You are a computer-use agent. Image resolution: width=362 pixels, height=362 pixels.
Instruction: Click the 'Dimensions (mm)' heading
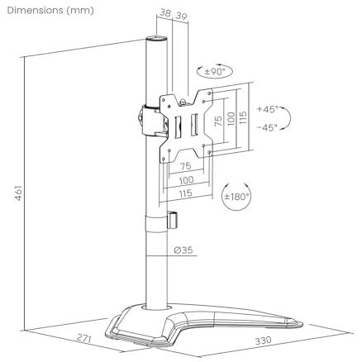pyautogui.click(x=50, y=11)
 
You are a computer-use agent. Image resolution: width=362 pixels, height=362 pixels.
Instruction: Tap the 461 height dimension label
pyautogui.click(x=18, y=193)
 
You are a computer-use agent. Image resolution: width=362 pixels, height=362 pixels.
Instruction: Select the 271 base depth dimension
pyautogui.click(x=84, y=338)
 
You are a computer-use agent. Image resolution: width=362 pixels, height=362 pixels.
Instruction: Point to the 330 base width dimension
pyautogui.click(x=263, y=341)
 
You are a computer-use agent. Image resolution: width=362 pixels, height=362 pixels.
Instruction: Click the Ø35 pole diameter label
pyautogui.click(x=183, y=250)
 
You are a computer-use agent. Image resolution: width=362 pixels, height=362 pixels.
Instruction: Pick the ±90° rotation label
pyautogui.click(x=215, y=72)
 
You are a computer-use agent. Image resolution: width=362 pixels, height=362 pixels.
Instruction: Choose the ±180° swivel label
pyautogui.click(x=236, y=197)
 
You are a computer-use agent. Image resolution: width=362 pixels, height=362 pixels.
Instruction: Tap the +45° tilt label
pyautogui.click(x=268, y=109)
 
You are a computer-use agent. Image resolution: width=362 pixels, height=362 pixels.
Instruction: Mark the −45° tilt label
pyautogui.click(x=268, y=127)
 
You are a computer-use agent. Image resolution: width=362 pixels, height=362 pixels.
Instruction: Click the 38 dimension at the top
pyautogui.click(x=165, y=12)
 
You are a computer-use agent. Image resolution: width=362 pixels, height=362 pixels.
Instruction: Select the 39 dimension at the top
pyautogui.click(x=182, y=16)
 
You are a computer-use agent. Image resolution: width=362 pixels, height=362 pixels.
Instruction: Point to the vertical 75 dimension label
pyautogui.click(x=218, y=121)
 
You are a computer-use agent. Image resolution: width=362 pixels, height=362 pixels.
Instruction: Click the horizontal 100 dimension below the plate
pyautogui.click(x=187, y=180)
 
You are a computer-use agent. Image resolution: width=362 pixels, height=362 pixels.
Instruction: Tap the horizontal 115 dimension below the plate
pyautogui.click(x=185, y=193)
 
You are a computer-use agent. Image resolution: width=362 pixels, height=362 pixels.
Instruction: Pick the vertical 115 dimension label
pyautogui.click(x=243, y=117)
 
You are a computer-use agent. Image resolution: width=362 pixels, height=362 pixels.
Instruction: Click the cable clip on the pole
pyautogui.click(x=172, y=220)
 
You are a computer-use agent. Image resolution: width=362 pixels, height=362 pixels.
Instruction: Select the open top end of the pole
pyautogui.click(x=156, y=38)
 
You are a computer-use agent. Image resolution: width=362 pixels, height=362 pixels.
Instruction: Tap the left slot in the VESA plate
pyautogui.click(x=178, y=126)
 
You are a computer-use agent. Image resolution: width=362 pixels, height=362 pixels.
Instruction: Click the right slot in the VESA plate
pyautogui.click(x=194, y=125)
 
